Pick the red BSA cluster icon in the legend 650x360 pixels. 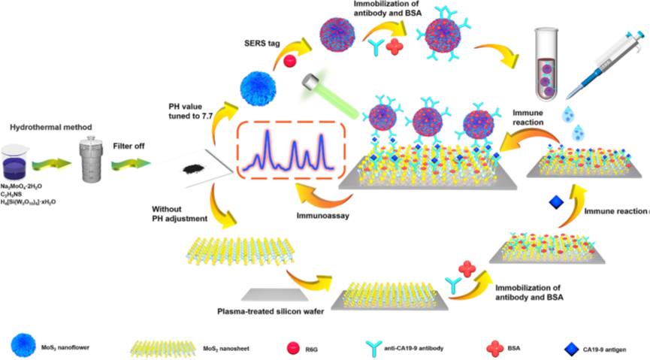pos(492,346)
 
